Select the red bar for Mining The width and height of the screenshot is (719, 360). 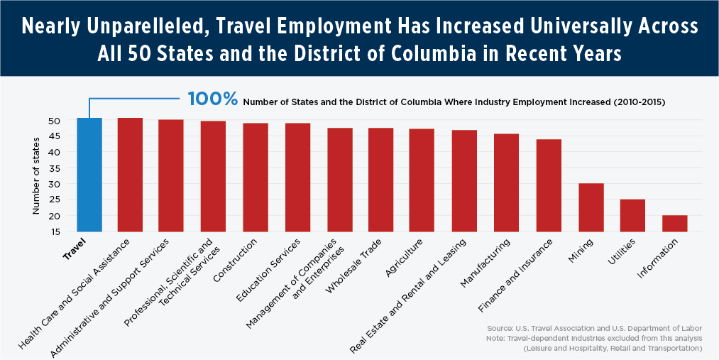coord(591,207)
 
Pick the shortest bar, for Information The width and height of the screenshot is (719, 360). coord(674,223)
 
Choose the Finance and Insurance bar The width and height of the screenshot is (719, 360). coord(549,185)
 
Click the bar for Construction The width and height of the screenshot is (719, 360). coord(256,178)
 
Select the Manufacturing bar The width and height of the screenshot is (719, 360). coord(507,182)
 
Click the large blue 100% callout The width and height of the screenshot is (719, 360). coord(212,99)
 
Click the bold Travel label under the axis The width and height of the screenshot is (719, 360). coord(73,252)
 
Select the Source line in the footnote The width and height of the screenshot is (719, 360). coord(594,328)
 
